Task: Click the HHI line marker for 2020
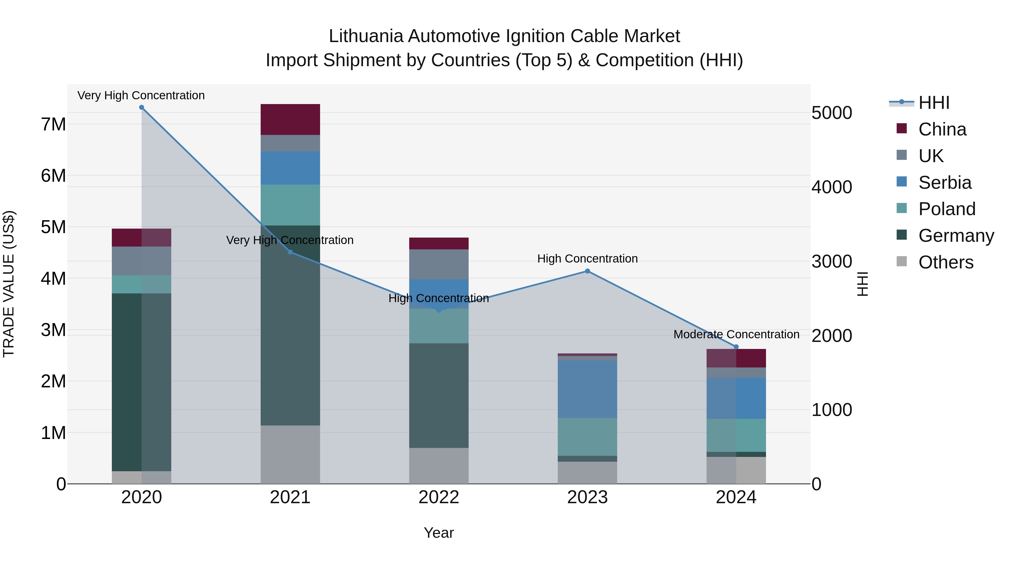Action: [x=142, y=107]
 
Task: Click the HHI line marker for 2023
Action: [x=587, y=271]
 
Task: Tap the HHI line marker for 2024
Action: [x=736, y=347]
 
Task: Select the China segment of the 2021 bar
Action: [x=290, y=119]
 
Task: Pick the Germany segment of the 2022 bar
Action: [x=439, y=395]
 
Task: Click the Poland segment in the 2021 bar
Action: [x=290, y=205]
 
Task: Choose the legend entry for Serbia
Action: [x=944, y=183]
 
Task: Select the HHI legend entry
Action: [x=933, y=103]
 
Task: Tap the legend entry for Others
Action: [x=945, y=262]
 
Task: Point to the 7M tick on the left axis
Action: [x=53, y=125]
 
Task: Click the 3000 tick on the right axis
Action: [x=831, y=261]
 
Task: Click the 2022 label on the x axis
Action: [x=439, y=497]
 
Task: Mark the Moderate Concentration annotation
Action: [x=736, y=334]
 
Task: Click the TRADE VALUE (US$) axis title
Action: [x=9, y=284]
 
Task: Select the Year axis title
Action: [x=439, y=533]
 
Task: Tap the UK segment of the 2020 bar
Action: [x=142, y=261]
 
